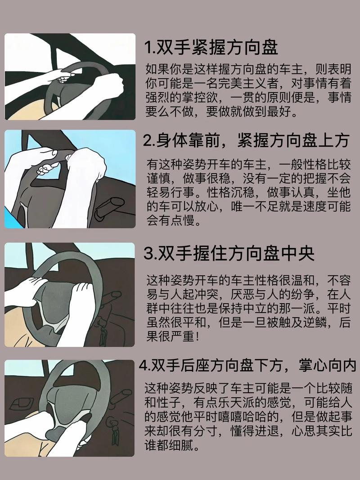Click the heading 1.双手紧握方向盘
tap(211, 48)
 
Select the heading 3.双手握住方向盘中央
tap(229, 253)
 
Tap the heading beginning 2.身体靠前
tap(246, 141)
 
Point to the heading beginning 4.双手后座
tap(247, 365)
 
